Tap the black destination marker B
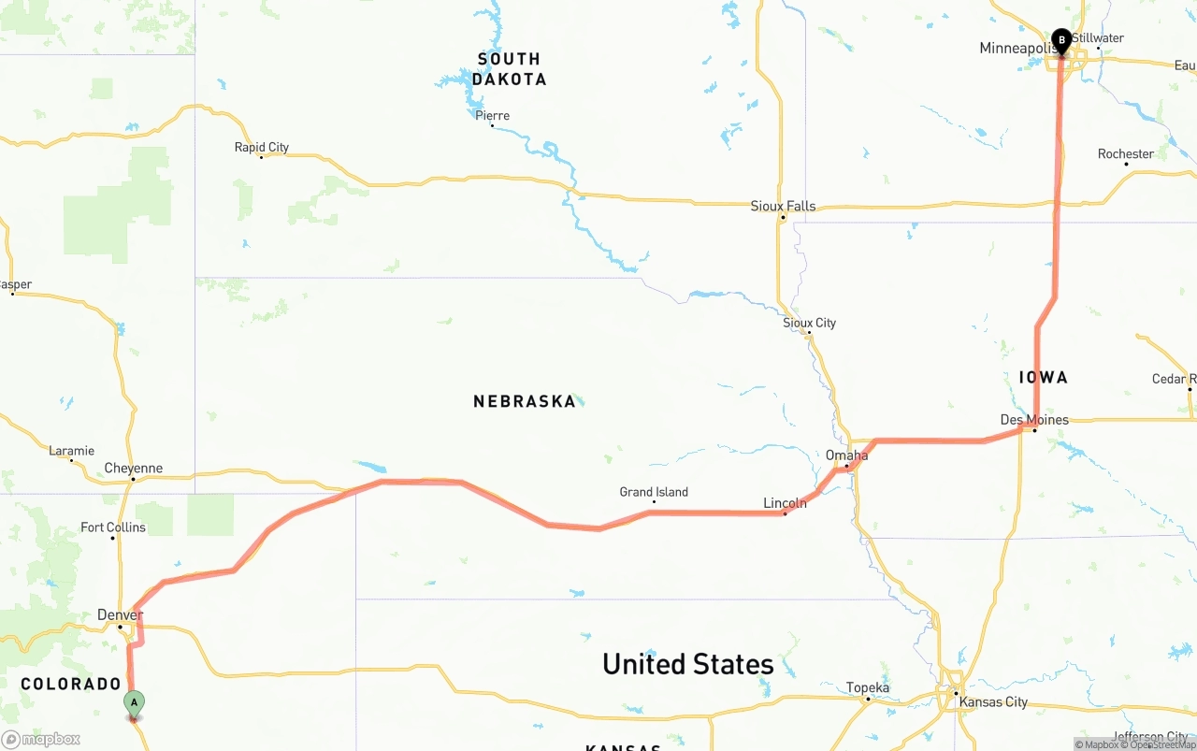click(1061, 40)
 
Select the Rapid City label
click(261, 147)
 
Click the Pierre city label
click(492, 116)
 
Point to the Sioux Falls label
click(783, 206)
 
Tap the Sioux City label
click(809, 323)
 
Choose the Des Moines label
click(1034, 420)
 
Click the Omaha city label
click(846, 455)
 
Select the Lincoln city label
click(785, 503)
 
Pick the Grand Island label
click(654, 492)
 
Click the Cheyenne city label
click(133, 469)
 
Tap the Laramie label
click(71, 451)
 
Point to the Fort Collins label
click(113, 527)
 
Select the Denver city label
click(120, 615)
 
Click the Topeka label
click(868, 688)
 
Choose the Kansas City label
click(993, 702)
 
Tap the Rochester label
click(1126, 154)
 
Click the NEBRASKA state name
click(525, 401)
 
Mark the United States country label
click(688, 664)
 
